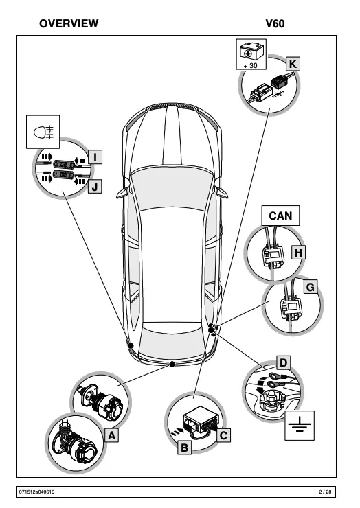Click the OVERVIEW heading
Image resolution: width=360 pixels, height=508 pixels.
69,23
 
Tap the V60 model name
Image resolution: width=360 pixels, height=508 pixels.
275,23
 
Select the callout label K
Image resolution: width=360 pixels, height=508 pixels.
293,64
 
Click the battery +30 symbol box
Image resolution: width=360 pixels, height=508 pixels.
251,54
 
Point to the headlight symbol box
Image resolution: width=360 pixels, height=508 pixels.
43,132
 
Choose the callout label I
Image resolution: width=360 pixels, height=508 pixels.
95,157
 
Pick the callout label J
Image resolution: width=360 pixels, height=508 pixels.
95,187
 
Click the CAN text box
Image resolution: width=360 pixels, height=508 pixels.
280,216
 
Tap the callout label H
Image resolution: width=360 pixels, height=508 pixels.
298,253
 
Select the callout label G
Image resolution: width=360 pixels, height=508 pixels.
311,287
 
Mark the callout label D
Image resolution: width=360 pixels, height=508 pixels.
284,363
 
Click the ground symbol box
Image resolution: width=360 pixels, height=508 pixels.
300,426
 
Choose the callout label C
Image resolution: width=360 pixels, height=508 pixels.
223,435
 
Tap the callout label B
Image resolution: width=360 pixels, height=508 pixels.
185,448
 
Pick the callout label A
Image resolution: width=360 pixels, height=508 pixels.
111,435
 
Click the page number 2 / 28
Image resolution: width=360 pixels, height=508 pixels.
325,492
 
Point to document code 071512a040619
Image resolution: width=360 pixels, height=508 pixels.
36,492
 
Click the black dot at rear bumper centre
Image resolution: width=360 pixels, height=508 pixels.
172,365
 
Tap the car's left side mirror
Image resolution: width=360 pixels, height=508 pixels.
122,193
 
